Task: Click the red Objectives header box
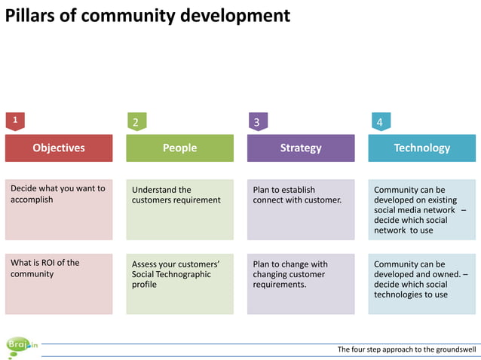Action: [x=59, y=148]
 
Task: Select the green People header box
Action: [x=179, y=148]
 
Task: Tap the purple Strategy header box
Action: [x=301, y=148]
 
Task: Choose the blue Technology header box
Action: [x=421, y=148]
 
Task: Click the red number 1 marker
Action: [x=14, y=120]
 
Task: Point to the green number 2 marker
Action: [x=136, y=121]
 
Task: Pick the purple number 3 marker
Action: [x=257, y=121]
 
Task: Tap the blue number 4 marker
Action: [x=379, y=121]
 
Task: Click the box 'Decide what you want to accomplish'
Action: [x=59, y=209]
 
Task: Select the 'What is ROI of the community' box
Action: [x=59, y=284]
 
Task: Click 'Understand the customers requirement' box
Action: [x=179, y=209]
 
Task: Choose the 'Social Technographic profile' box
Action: [x=179, y=284]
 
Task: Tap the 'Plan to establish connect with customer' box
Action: [x=301, y=209]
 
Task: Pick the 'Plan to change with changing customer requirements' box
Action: [x=301, y=284]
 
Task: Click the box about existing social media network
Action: [x=421, y=209]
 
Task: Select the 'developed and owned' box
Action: [x=421, y=284]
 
